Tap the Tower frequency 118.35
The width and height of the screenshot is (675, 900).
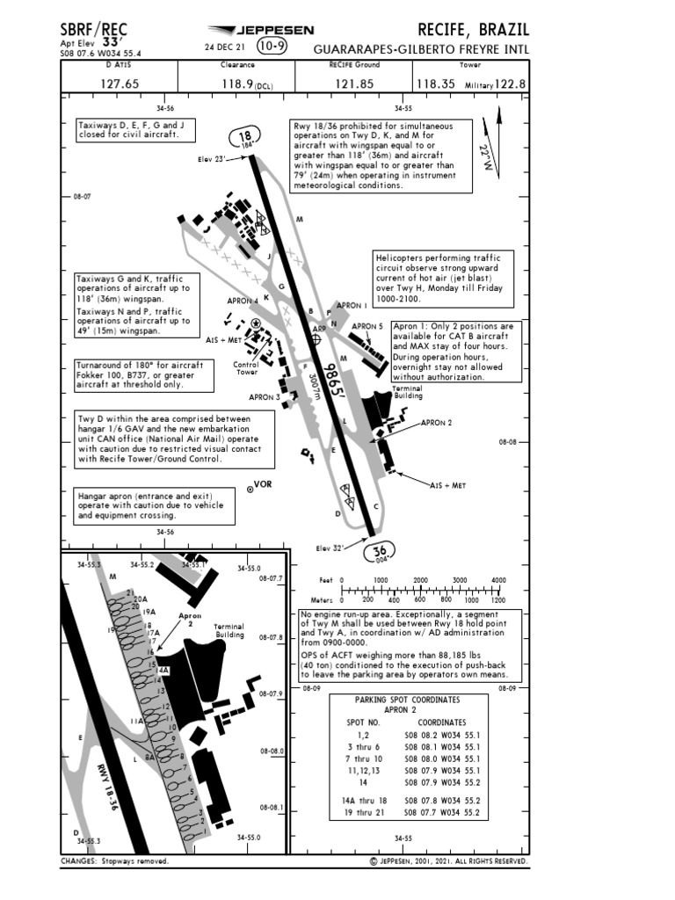436,84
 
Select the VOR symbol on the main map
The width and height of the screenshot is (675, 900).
250,490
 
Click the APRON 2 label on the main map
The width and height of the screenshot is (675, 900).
436,423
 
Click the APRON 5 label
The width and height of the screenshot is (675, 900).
367,326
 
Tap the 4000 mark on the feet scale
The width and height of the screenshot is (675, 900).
498,581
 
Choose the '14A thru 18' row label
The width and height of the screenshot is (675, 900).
364,801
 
